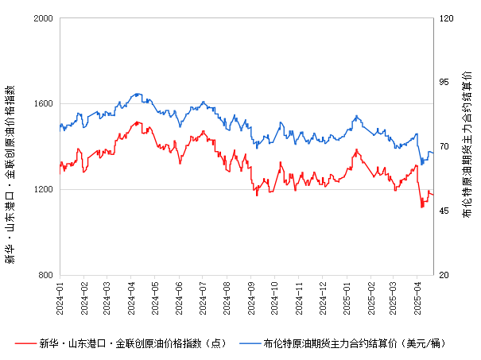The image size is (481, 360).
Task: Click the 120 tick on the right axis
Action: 446,17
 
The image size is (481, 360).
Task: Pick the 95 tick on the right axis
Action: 444,82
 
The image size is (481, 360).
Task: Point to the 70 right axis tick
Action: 444,146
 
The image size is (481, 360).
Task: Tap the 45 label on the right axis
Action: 444,211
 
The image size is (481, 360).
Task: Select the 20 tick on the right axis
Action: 444,275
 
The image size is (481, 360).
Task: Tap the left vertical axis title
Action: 10,146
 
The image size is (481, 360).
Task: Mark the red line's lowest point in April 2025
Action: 422,207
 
